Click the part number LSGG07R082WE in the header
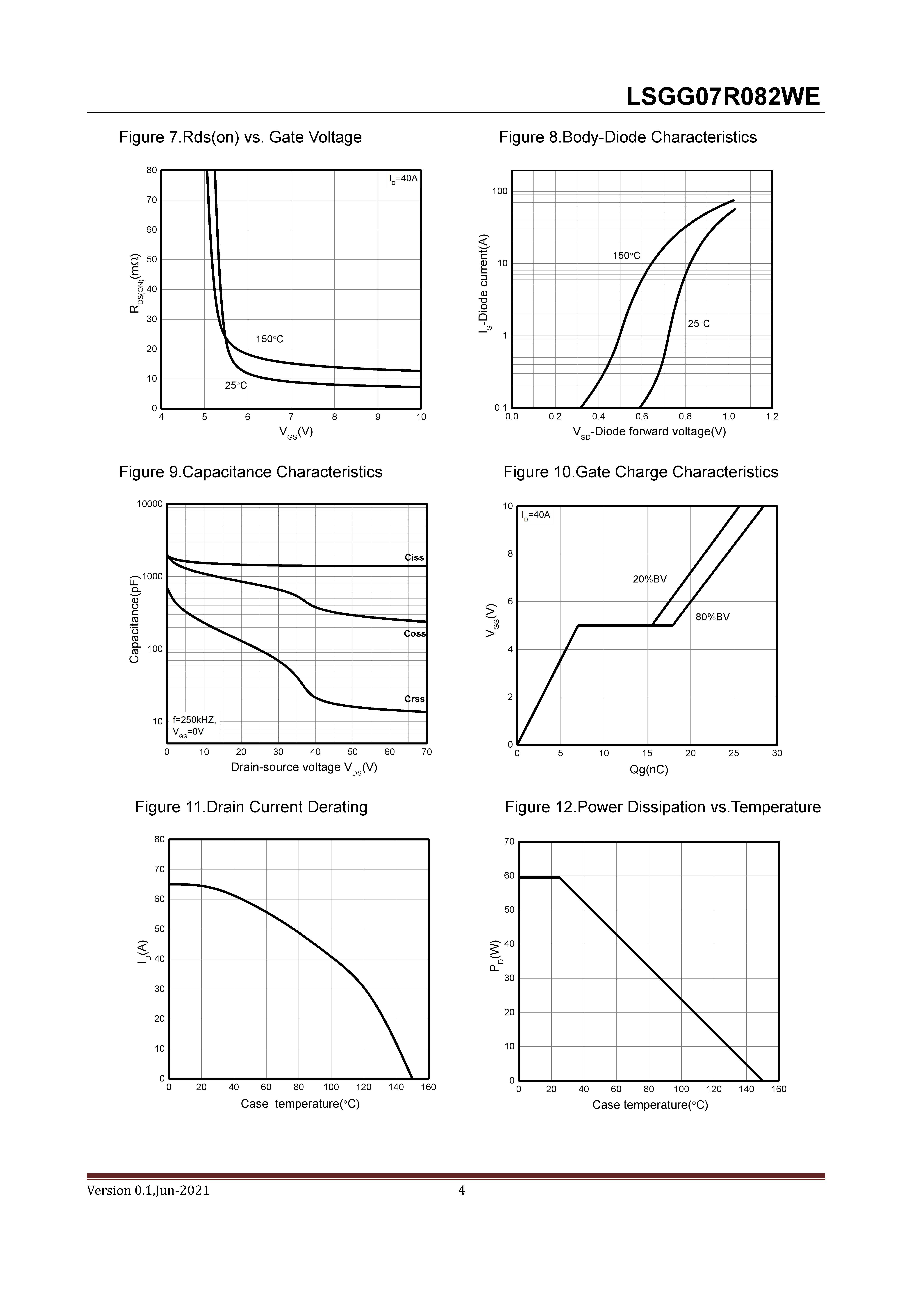(x=723, y=97)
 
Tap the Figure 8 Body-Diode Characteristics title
(x=628, y=137)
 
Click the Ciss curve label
(x=414, y=557)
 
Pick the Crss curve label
(x=414, y=699)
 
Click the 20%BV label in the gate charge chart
(x=650, y=579)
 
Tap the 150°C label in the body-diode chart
(x=626, y=256)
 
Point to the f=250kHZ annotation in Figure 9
(x=194, y=720)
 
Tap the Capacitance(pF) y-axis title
(x=134, y=619)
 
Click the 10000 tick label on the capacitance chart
(x=149, y=504)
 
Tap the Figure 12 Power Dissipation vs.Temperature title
(x=663, y=807)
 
